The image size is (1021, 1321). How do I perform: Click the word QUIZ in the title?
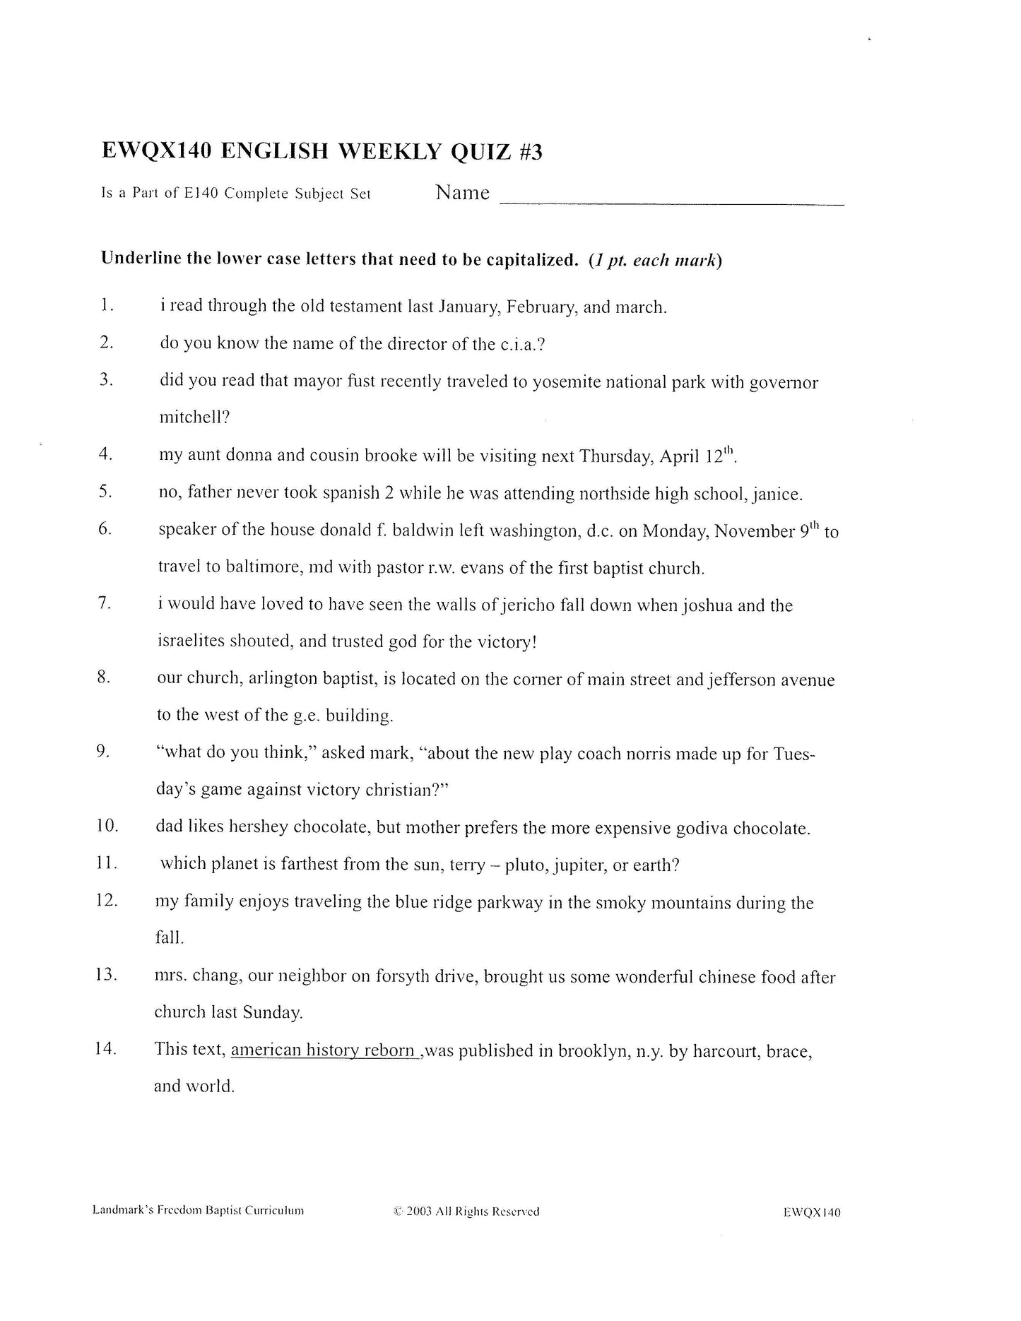coord(480,151)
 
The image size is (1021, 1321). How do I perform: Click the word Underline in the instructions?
coord(137,259)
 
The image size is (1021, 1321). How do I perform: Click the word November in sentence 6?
coord(755,531)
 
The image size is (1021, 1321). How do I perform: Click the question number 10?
coord(107,826)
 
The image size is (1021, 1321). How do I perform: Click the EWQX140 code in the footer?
coord(812,1213)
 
